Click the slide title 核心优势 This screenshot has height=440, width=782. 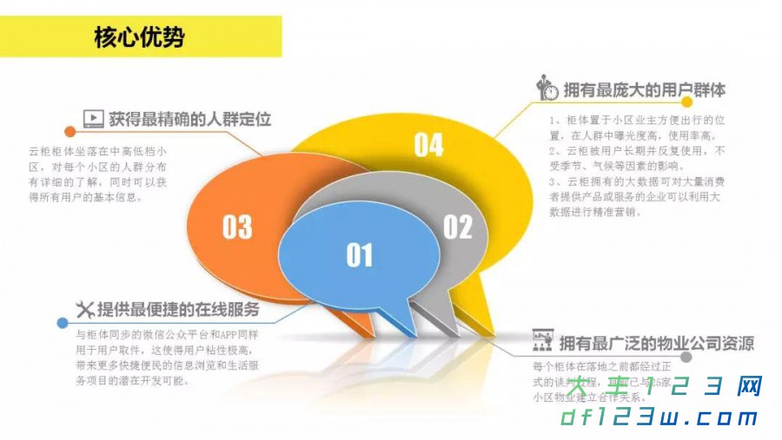click(x=138, y=37)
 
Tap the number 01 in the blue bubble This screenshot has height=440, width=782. click(x=359, y=254)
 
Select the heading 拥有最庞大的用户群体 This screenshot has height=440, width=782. click(x=644, y=89)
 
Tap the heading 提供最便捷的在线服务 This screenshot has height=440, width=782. click(x=177, y=309)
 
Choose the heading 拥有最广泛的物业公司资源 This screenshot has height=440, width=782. click(x=656, y=342)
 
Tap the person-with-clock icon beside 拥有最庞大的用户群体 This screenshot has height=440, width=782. click(x=547, y=88)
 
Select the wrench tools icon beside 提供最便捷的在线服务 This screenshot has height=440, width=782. click(x=84, y=309)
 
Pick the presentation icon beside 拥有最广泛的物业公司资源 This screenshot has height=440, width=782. click(x=543, y=341)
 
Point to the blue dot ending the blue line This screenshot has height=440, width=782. click(x=62, y=323)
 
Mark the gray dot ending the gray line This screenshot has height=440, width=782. click(x=686, y=357)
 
